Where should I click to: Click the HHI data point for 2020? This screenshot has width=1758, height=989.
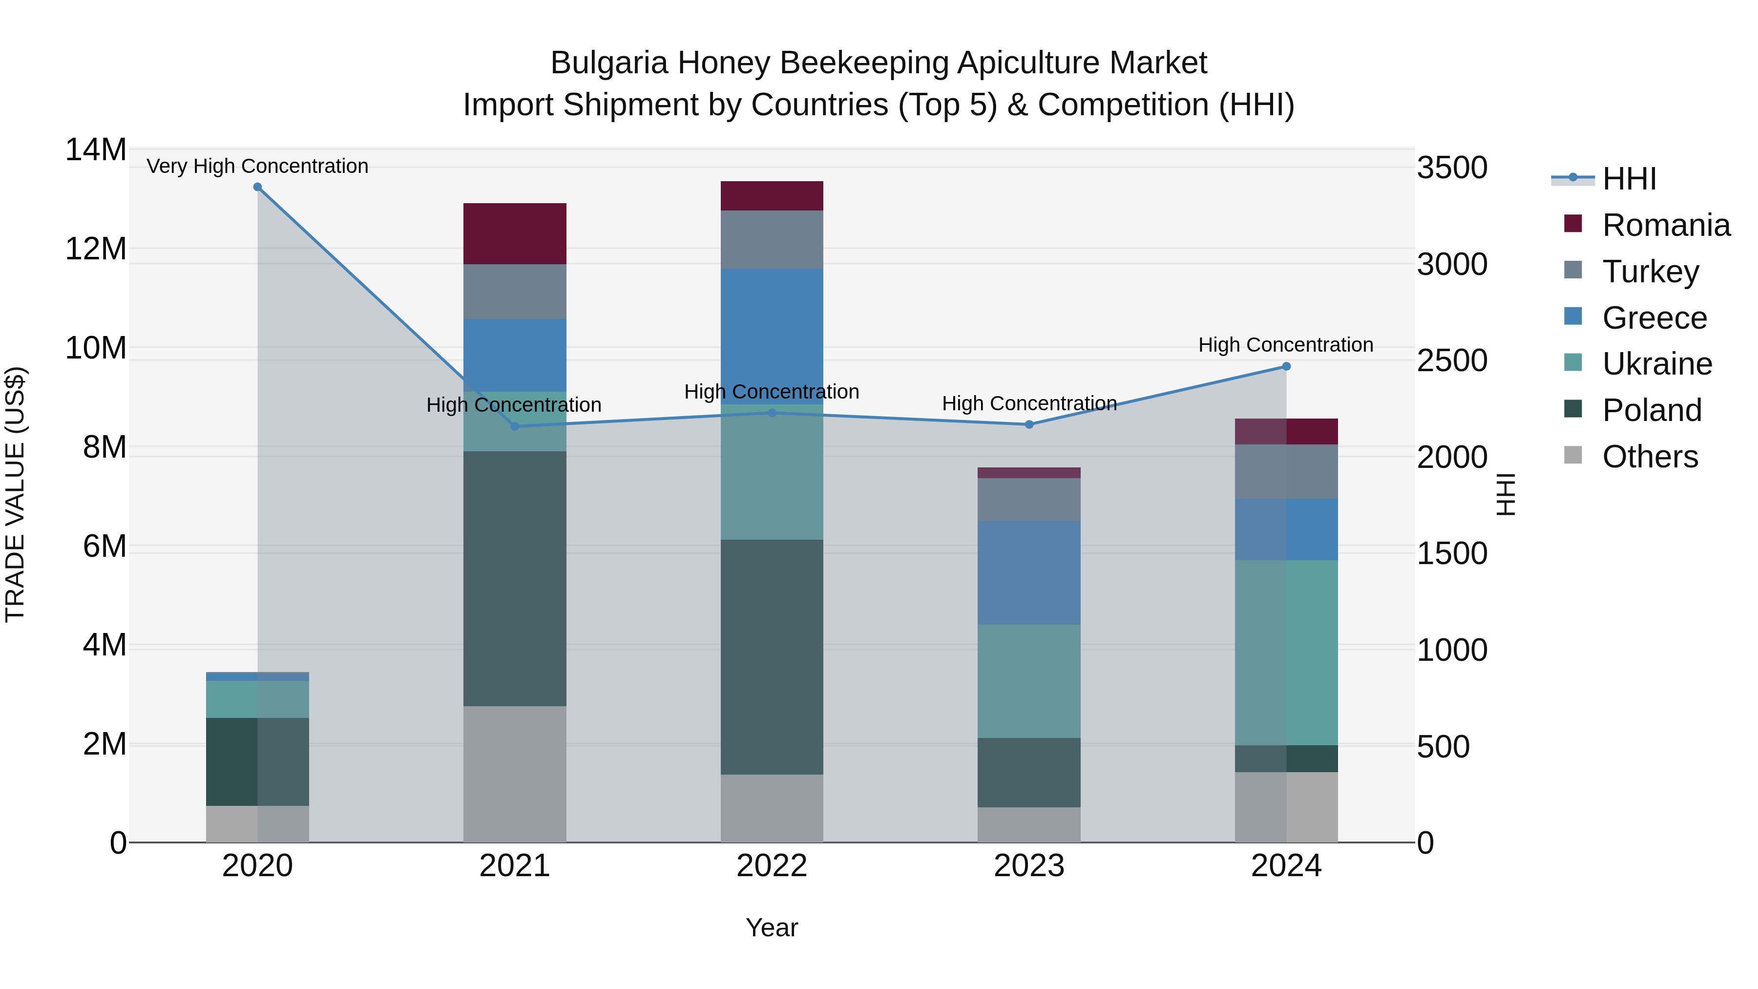pyautogui.click(x=257, y=187)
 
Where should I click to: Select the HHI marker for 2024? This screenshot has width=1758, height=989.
pyautogui.click(x=1286, y=366)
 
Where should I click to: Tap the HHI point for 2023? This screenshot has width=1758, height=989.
pyautogui.click(x=1029, y=424)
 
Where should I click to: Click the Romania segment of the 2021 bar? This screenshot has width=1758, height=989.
pyautogui.click(x=515, y=233)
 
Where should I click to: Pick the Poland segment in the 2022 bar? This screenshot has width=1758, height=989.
pyautogui.click(x=772, y=656)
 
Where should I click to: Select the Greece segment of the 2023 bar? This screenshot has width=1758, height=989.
pyautogui.click(x=1029, y=573)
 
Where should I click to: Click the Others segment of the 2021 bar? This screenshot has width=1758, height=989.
pyautogui.click(x=515, y=774)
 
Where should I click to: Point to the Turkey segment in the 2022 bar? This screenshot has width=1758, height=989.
pyautogui.click(x=772, y=240)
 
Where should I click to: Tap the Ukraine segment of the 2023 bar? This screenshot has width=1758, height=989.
pyautogui.click(x=1029, y=681)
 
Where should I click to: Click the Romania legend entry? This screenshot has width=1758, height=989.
pyautogui.click(x=1666, y=225)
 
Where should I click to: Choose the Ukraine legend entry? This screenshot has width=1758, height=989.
pyautogui.click(x=1657, y=364)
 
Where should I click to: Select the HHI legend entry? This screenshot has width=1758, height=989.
pyautogui.click(x=1629, y=179)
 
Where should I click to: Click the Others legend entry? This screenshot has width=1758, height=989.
pyautogui.click(x=1650, y=457)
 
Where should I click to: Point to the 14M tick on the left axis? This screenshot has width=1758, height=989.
pyautogui.click(x=96, y=149)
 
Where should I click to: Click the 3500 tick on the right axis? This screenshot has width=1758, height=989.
pyautogui.click(x=1452, y=168)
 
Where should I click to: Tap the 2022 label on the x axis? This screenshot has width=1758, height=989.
pyautogui.click(x=772, y=866)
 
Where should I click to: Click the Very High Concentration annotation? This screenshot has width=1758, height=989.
pyautogui.click(x=257, y=166)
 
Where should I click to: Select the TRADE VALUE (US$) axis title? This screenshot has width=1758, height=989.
pyautogui.click(x=15, y=494)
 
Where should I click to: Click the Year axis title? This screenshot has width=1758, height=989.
pyautogui.click(x=772, y=927)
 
